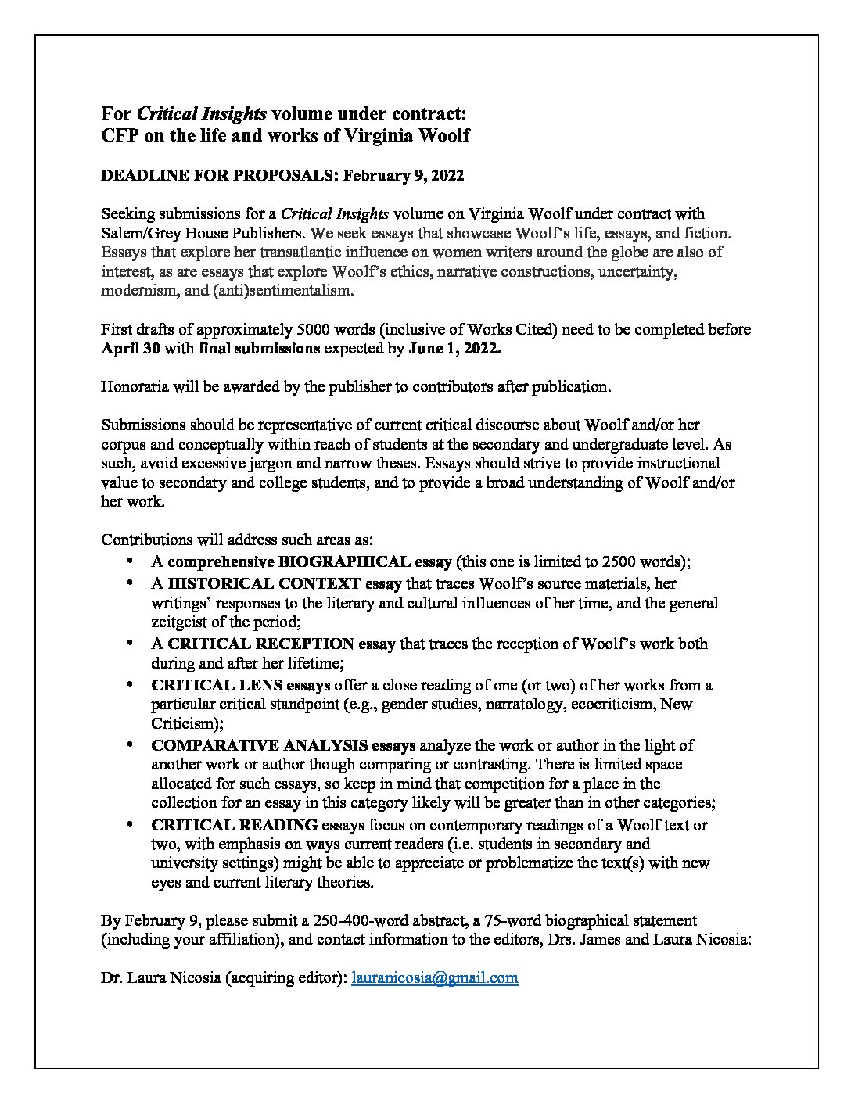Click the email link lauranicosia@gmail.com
pos(435,977)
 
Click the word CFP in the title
pos(120,135)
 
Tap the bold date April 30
pos(131,349)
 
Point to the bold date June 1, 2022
pos(454,349)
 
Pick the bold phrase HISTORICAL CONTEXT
pos(264,583)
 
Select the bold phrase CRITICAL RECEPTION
pos(260,644)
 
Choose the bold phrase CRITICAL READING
pos(234,825)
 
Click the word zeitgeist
pos(181,622)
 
